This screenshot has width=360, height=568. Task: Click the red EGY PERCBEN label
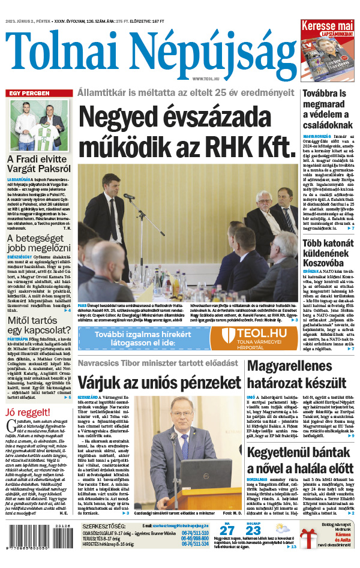(x=27, y=94)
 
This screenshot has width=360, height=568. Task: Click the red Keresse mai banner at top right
(x=327, y=26)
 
